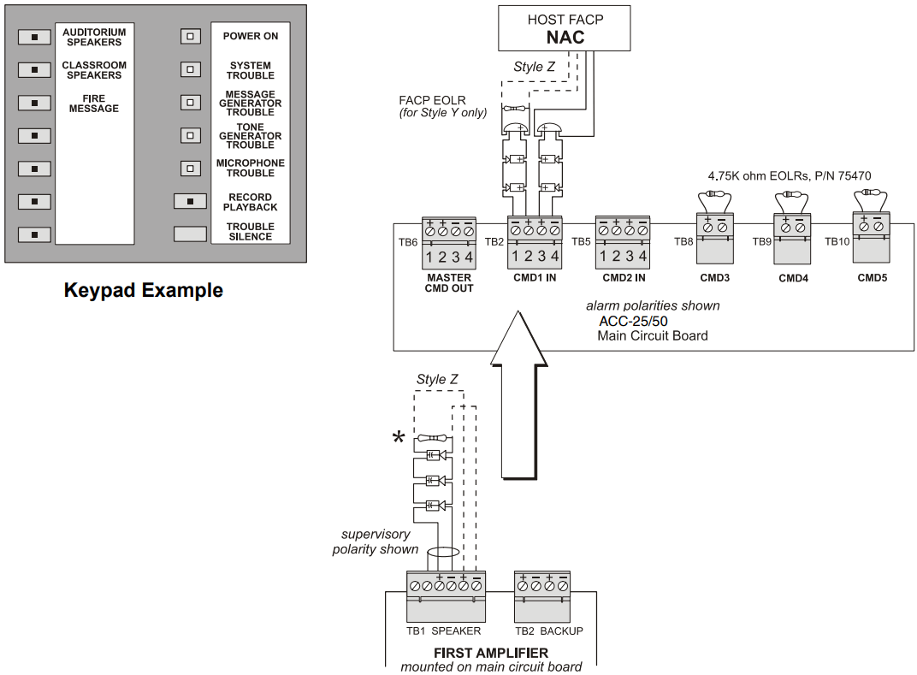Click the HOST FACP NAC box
coord(565,28)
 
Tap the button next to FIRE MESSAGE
coord(34,103)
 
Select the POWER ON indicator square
coord(190,36)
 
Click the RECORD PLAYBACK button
coord(190,201)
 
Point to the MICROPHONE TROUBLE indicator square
coord(190,169)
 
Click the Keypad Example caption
coord(144,290)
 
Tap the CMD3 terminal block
coord(714,238)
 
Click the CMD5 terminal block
coord(872,238)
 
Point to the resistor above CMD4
coord(792,193)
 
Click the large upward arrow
coord(518,395)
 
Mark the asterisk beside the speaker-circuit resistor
coord(399,437)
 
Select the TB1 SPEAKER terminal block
coord(446,596)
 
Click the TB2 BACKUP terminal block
coord(542,596)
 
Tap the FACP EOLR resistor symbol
coord(515,109)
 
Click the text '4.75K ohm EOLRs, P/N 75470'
coord(790,175)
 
